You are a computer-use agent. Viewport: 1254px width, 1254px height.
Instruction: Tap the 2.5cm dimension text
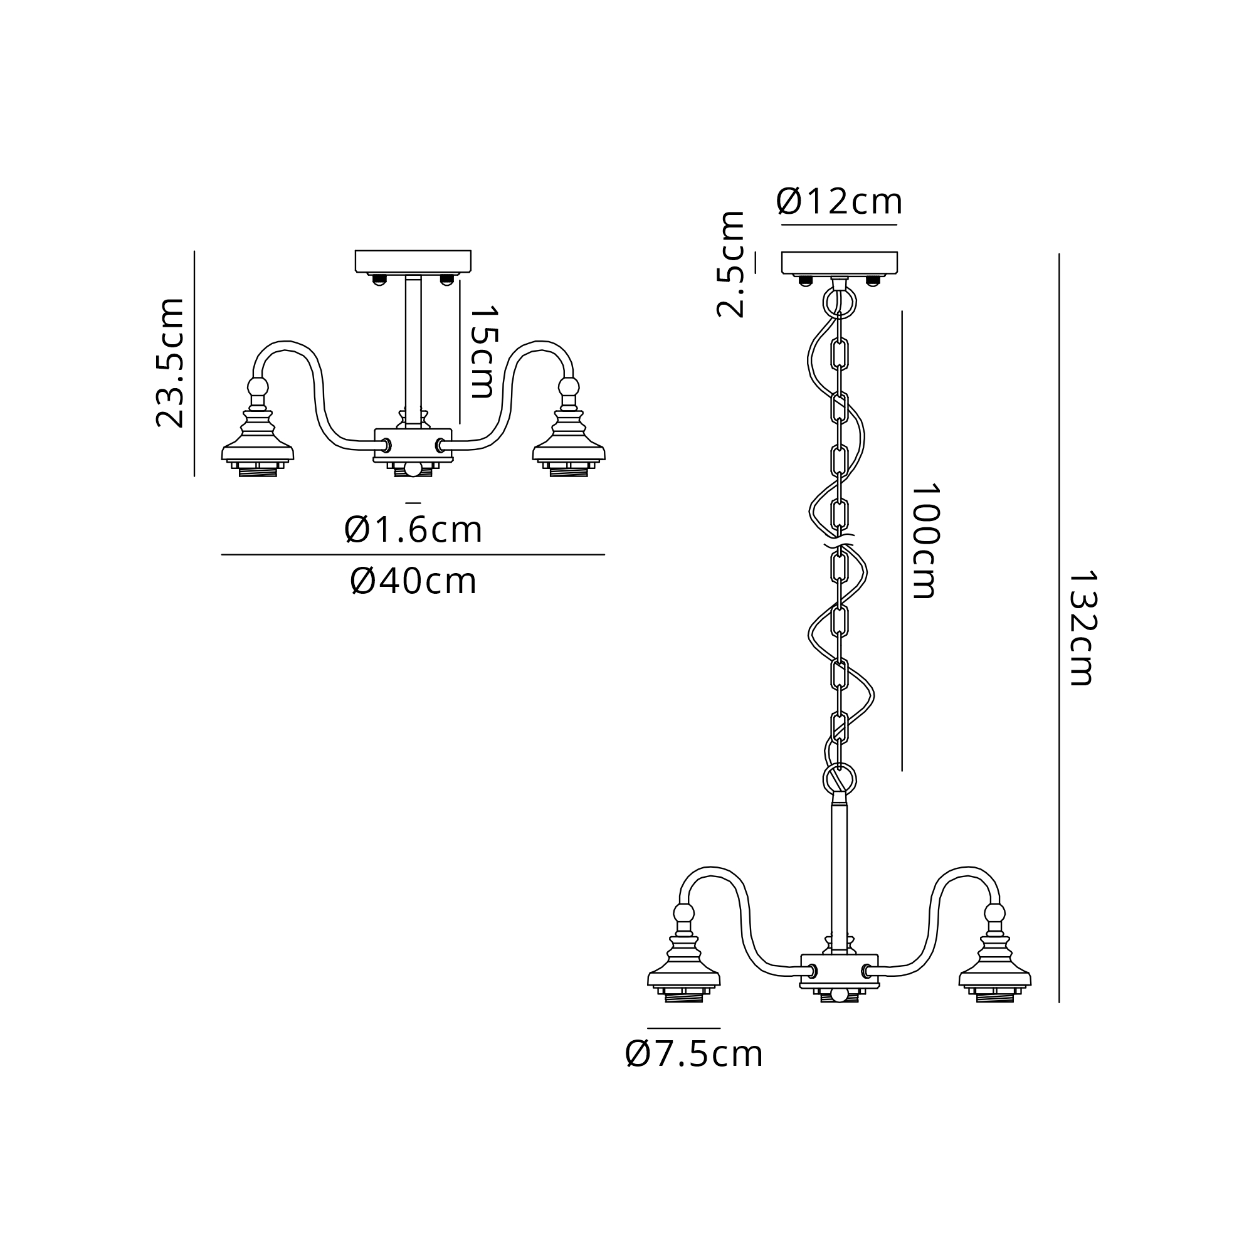pos(731,264)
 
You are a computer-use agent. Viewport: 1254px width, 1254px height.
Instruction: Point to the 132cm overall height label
pos(1083,628)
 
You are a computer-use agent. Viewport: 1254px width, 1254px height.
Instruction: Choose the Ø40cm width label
pos(413,581)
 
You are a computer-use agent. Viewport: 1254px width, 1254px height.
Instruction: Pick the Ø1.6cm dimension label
pos(413,530)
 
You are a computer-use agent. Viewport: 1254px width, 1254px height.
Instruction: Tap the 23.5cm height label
pos(171,363)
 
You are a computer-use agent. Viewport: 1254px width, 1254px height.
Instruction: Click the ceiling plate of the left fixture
pos(413,261)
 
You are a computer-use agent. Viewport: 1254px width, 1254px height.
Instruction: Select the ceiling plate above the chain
pos(840,262)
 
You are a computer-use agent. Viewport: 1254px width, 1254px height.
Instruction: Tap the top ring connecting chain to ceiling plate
pos(840,301)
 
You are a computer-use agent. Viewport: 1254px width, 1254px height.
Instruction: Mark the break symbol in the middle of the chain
pos(840,540)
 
